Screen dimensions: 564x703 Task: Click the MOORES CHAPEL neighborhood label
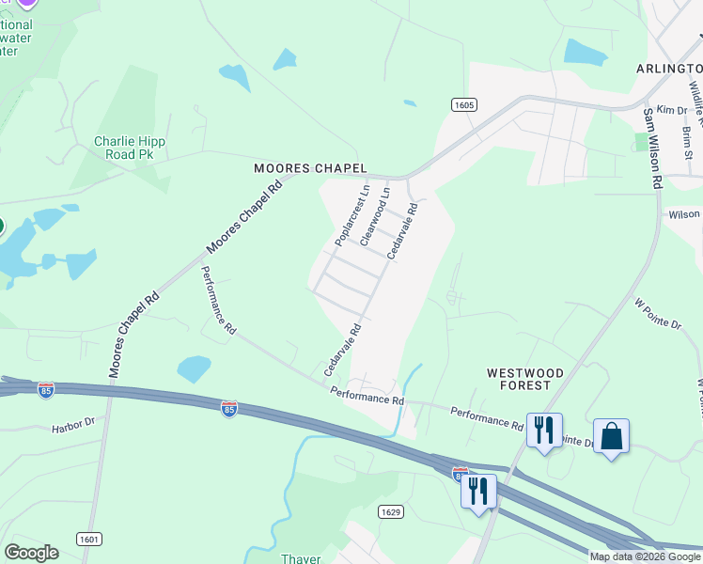click(310, 168)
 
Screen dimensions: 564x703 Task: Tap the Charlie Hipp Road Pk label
click(130, 148)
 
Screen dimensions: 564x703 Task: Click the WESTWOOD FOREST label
click(525, 379)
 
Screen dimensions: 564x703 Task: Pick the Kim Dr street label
click(672, 110)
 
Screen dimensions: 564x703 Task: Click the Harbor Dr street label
click(73, 425)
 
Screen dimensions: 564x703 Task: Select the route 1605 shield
click(461, 104)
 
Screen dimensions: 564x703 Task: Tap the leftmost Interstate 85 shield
click(46, 389)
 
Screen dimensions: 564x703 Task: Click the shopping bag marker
click(611, 436)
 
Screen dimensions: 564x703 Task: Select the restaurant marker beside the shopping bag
click(544, 431)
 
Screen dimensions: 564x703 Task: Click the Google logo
click(31, 553)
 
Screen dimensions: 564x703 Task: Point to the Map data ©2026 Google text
click(645, 556)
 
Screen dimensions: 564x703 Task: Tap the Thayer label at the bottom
click(301, 558)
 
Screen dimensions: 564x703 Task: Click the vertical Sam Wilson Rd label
click(651, 149)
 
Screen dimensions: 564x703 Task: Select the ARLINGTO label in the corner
click(668, 69)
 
